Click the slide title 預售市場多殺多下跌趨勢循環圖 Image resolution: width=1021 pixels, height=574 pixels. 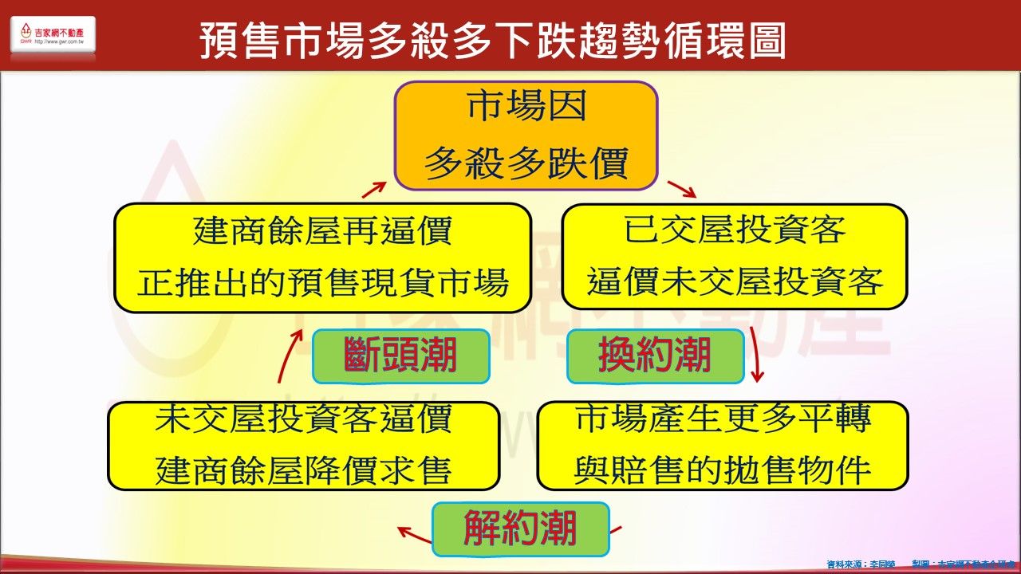coord(492,40)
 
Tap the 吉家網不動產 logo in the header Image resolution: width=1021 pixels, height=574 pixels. coord(53,35)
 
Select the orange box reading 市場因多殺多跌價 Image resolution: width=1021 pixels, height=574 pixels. coord(526,136)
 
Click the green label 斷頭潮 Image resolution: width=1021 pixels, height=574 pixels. coord(400,356)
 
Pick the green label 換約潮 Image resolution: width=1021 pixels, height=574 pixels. coord(654,356)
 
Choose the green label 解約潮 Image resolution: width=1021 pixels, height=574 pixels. coord(520,529)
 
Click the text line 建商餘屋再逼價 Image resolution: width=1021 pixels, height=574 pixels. coord(322,232)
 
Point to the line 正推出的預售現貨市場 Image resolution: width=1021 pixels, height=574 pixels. coord(322,283)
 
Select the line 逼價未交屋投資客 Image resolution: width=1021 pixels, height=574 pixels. coord(735,282)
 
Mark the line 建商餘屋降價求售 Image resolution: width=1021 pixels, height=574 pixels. coord(304,470)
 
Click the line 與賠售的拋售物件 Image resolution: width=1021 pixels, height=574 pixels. coord(723,470)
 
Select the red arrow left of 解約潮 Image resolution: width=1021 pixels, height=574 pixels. coord(413,533)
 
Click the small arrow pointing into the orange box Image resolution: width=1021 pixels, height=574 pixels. coord(374,189)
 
